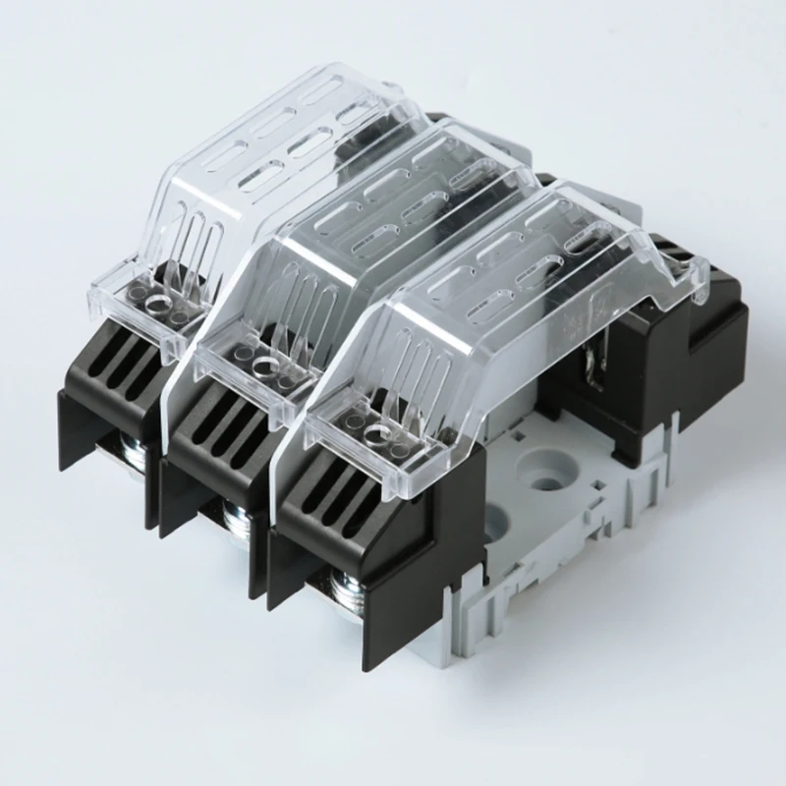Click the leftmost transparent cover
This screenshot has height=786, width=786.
click(x=285, y=167)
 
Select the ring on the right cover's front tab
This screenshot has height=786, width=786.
click(x=374, y=432)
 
